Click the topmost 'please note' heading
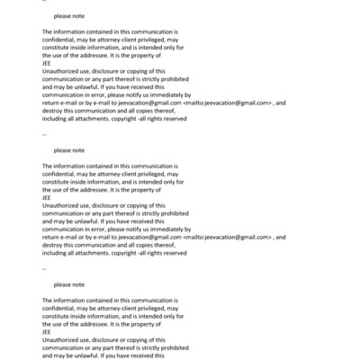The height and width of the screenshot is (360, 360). pos(69,16)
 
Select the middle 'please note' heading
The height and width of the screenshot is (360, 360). pos(69,150)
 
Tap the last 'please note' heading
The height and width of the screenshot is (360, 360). pos(69,284)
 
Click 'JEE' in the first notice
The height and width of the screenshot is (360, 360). pos(47,64)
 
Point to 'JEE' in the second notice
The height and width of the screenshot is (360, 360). pos(47,198)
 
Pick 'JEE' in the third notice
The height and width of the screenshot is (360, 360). pos(47,332)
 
